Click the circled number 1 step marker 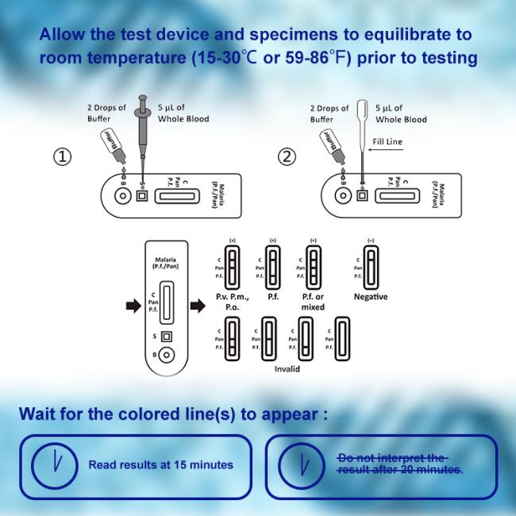(63, 156)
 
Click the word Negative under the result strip (370, 297)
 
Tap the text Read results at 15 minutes (161, 464)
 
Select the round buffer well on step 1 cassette (122, 195)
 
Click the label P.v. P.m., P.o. (233, 302)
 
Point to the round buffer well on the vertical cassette (167, 356)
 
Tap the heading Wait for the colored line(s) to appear (173, 414)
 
